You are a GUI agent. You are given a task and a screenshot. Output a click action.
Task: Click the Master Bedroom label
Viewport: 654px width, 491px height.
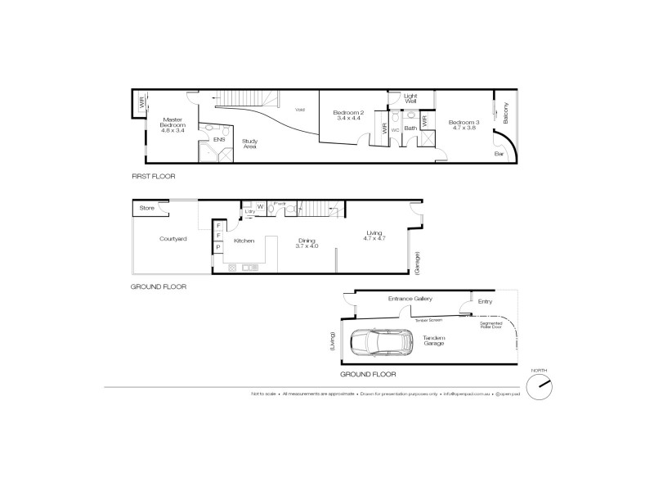(172, 124)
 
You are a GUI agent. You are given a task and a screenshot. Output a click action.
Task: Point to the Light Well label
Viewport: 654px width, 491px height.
(410, 101)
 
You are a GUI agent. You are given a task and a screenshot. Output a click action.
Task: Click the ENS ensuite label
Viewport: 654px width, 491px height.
(219, 140)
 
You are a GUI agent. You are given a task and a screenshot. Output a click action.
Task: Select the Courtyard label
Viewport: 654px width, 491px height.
(172, 239)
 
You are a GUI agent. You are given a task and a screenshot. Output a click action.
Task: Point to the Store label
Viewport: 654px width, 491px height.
(146, 209)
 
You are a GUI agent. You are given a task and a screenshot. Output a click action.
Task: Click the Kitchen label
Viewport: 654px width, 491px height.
(244, 241)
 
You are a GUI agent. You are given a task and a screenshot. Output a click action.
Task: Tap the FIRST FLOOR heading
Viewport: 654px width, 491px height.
(154, 176)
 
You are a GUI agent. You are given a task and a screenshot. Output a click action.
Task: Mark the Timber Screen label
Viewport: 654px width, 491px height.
(427, 321)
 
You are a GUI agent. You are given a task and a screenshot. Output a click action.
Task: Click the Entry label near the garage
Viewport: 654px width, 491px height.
(485, 302)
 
